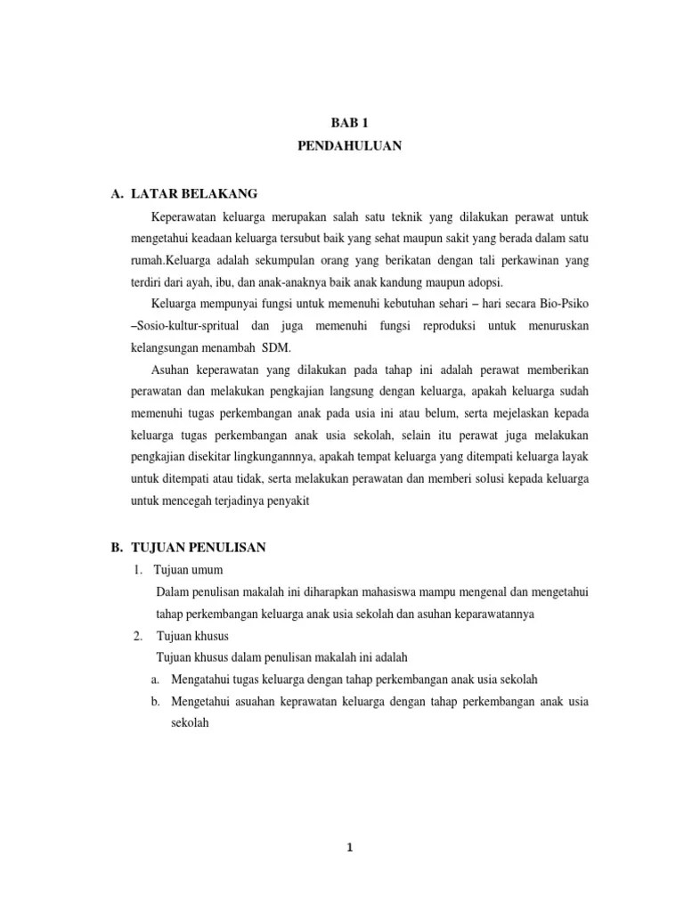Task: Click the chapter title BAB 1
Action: click(350, 126)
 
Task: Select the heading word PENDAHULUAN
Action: click(350, 147)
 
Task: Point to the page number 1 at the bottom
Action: click(351, 848)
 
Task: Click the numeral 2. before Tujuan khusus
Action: click(138, 636)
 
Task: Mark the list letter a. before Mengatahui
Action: click(156, 680)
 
